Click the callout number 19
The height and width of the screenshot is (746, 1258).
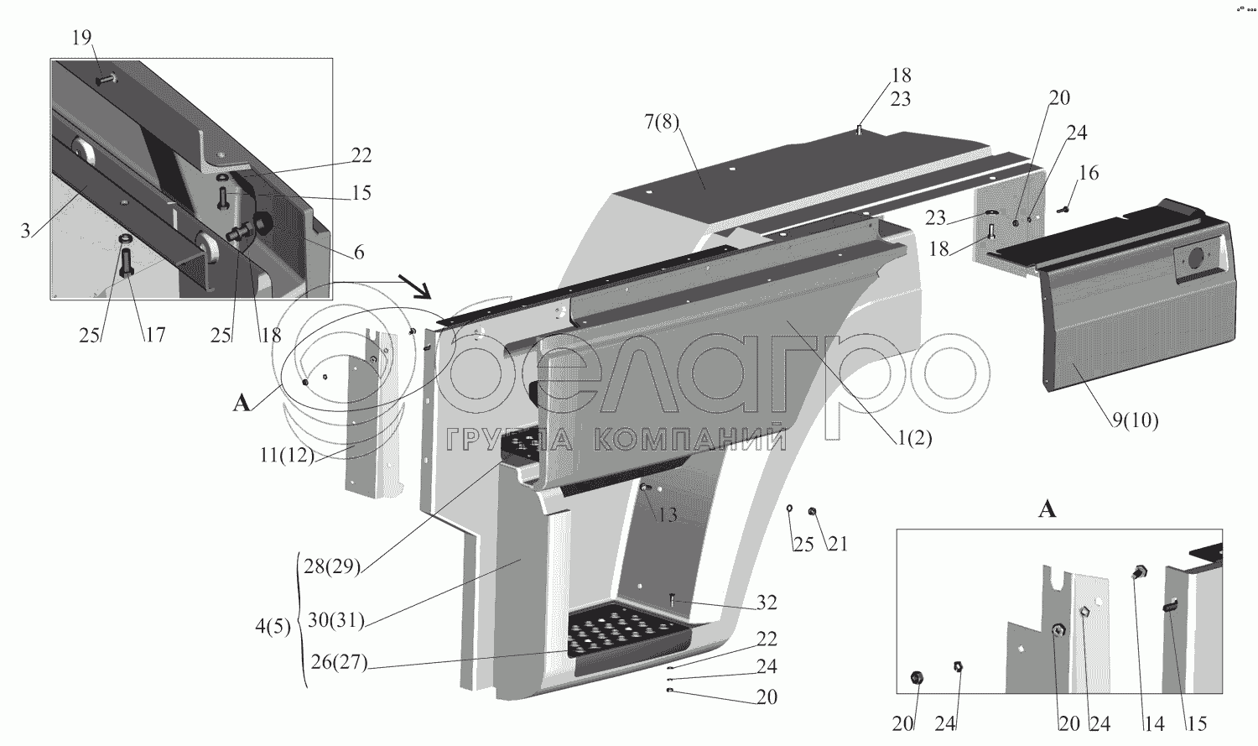click(82, 39)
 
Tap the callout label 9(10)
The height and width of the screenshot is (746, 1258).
click(1135, 420)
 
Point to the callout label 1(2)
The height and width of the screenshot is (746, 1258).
click(912, 437)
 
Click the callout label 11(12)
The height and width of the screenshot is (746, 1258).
click(287, 456)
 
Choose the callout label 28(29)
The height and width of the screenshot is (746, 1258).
click(331, 566)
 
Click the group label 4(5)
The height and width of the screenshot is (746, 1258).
click(273, 627)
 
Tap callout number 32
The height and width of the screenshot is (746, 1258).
click(766, 603)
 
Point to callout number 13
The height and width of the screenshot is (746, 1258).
click(667, 514)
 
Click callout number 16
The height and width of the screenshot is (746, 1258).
click(1088, 174)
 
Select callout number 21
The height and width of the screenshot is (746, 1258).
click(837, 545)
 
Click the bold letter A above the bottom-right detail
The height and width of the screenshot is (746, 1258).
click(1047, 509)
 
